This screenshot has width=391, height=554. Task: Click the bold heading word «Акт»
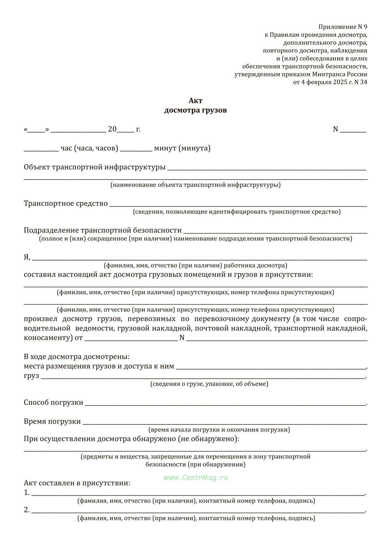point(195,101)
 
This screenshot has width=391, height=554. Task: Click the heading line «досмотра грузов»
point(195,110)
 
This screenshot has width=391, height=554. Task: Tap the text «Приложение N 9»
point(343,27)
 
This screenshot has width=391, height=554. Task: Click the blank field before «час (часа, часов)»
point(41,150)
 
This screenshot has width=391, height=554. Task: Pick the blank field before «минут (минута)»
point(136,150)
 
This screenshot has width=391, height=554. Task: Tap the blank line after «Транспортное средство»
point(238,205)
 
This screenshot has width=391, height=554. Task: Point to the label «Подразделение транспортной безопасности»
point(103,230)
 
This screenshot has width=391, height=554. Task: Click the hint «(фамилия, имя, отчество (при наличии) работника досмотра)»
point(195,265)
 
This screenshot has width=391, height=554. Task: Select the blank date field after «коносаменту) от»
point(131,339)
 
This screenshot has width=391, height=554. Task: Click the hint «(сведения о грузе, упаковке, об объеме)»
point(209,384)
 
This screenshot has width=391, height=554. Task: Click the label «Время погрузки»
point(52,421)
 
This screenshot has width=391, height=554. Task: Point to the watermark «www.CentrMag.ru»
point(195,478)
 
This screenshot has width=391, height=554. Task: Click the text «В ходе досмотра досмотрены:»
point(77,356)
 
